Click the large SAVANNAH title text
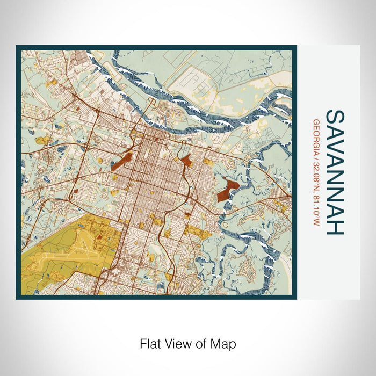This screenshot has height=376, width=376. pyautogui.click(x=335, y=172)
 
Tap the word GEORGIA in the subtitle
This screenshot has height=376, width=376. pyautogui.click(x=316, y=135)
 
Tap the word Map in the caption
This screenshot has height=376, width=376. pyautogui.click(x=224, y=343)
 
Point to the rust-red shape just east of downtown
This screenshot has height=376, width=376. pyautogui.click(x=186, y=160)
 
